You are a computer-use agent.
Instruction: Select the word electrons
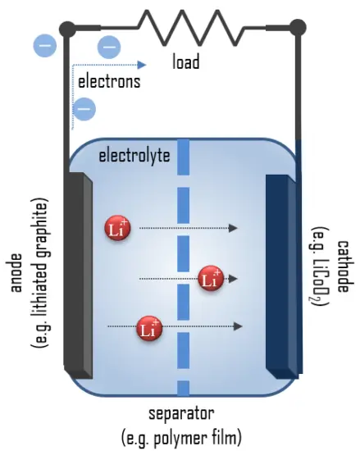tap(108, 81)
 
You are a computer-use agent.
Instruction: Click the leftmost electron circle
tap(45, 44)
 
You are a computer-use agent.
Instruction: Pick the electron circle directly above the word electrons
tap(108, 46)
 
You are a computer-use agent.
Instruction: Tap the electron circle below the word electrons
tap(84, 108)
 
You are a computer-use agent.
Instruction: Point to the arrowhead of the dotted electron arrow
tap(142, 64)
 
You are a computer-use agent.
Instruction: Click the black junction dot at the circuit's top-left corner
tap(67, 30)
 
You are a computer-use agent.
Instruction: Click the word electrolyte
tap(134, 155)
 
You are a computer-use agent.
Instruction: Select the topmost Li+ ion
tap(116, 228)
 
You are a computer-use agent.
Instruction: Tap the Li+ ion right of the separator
tap(211, 278)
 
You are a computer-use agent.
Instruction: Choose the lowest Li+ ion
tap(149, 328)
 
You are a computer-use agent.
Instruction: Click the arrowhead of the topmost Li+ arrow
tap(234, 228)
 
